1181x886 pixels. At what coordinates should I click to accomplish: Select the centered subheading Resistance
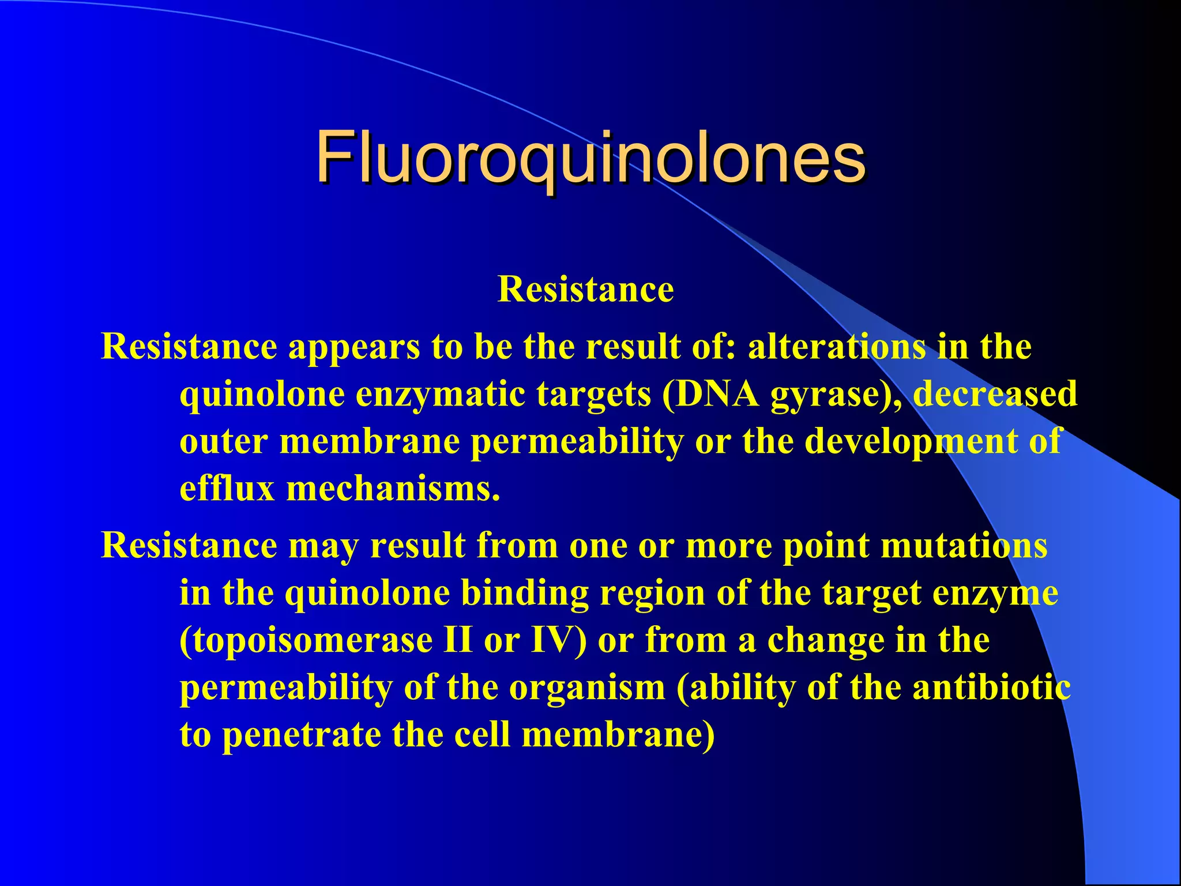tap(585, 289)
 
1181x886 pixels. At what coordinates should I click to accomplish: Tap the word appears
tap(354, 348)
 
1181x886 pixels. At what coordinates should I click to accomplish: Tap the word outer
tap(224, 442)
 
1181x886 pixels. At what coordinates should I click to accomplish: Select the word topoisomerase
tap(306, 641)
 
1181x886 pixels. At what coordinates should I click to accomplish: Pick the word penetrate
tap(302, 736)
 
